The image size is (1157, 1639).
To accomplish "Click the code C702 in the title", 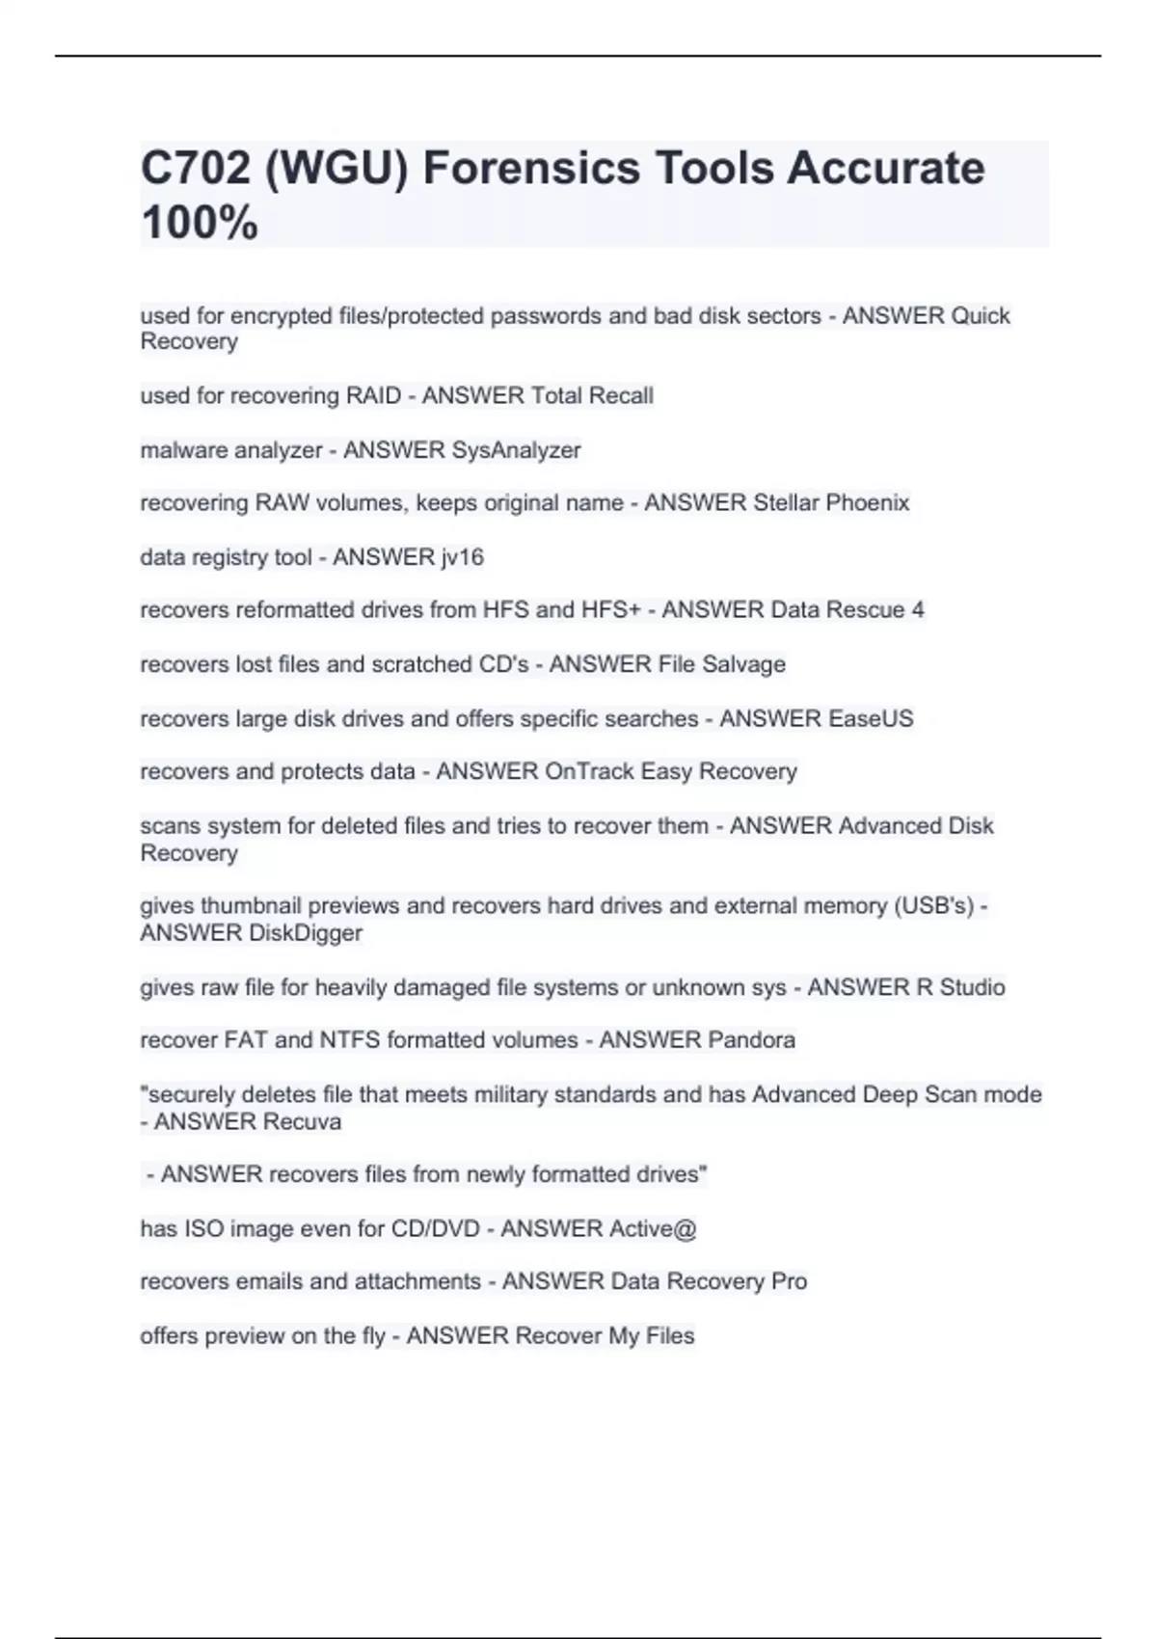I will [194, 168].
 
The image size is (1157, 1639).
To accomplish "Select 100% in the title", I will [200, 223].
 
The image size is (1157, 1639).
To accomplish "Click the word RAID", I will [373, 396].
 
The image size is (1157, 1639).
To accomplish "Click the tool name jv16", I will [462, 557].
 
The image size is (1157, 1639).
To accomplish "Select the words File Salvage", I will [721, 664].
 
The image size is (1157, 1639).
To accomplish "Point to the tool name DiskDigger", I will [306, 933].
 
